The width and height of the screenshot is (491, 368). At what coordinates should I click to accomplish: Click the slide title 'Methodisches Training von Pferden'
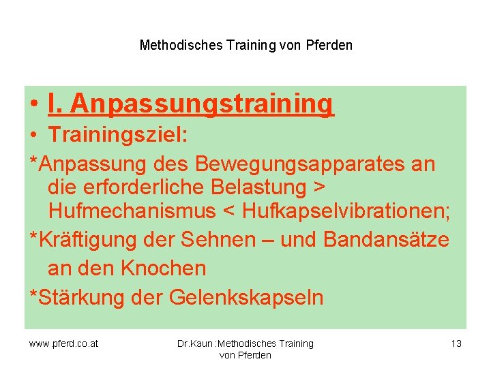245,46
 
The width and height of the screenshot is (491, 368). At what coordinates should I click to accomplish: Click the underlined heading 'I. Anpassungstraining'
192,104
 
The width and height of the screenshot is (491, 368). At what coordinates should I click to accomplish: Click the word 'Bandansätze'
387,240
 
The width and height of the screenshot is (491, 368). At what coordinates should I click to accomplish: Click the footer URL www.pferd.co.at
63,343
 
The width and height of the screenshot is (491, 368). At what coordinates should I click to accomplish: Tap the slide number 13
456,343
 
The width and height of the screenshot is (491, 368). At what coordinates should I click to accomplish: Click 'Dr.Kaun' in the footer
195,343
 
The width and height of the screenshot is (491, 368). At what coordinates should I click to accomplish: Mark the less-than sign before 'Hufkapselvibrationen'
230,213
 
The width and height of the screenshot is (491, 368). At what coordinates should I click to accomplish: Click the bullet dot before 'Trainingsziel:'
34,136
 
